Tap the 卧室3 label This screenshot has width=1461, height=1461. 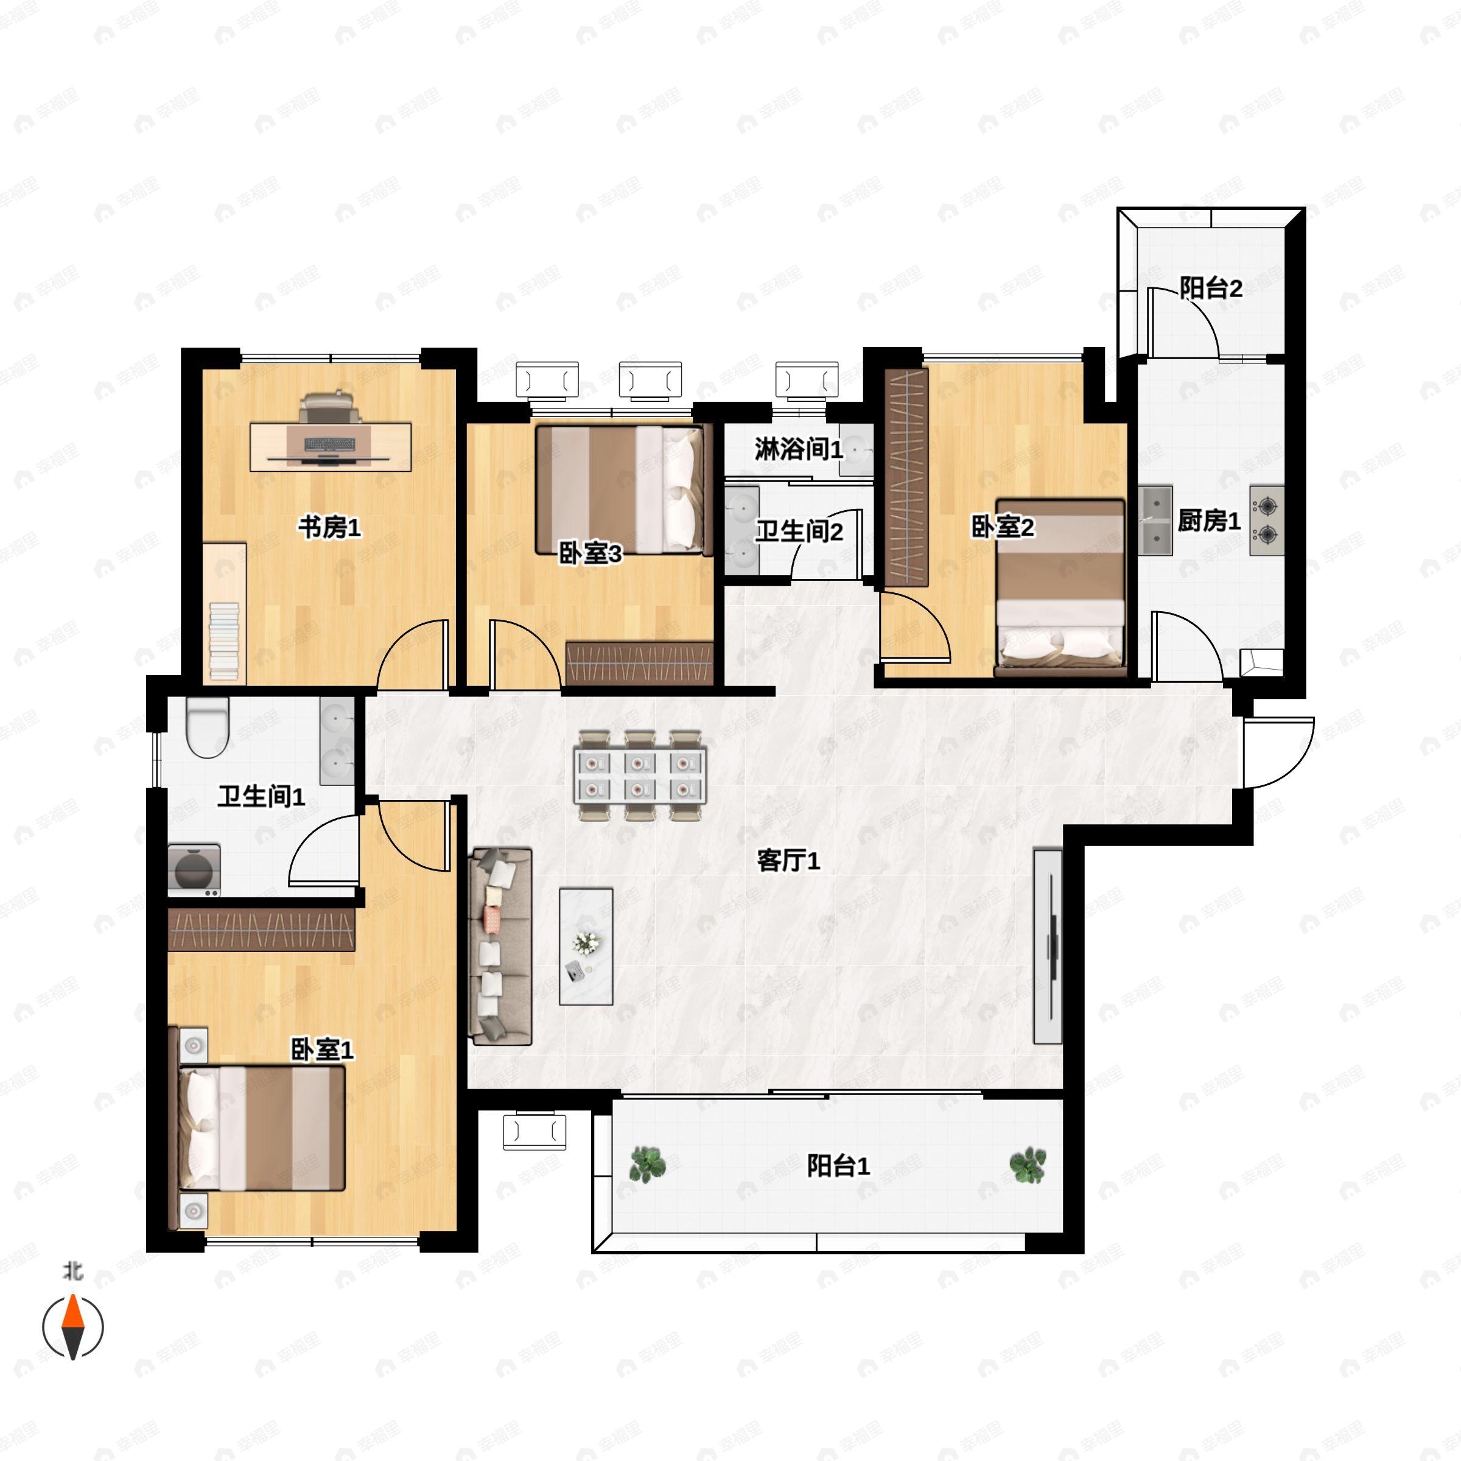point(590,553)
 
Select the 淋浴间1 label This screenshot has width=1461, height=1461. point(799,449)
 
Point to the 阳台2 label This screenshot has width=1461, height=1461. point(1211,287)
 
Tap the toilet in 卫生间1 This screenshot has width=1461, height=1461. point(207,727)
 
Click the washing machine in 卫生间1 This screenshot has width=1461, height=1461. point(194,870)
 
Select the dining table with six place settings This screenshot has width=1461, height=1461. point(640,775)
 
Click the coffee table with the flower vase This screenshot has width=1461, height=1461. point(586,946)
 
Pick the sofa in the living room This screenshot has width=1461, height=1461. point(500,946)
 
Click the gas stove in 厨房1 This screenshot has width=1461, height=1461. point(1267,520)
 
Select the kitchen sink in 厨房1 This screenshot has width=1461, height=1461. point(1155,520)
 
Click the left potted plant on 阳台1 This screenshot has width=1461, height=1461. point(647,1165)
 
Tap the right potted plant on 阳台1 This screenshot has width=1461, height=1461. point(1028,1165)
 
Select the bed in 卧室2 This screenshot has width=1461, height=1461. point(1060,587)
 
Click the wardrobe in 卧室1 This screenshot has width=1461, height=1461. point(262,930)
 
